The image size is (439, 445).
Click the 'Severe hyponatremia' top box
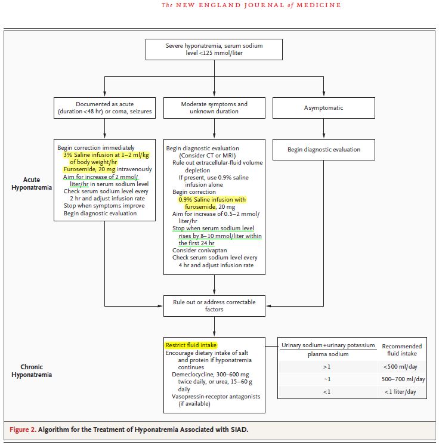tap(214, 50)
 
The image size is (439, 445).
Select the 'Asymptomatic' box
tap(323, 108)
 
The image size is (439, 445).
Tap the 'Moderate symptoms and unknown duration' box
tap(214, 108)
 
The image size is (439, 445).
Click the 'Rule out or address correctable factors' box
tap(214, 306)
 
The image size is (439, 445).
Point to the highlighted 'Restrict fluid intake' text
tap(191, 345)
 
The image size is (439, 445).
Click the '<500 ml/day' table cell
tap(400, 367)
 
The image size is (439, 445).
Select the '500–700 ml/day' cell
tap(403, 379)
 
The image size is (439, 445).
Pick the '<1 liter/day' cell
tap(400, 392)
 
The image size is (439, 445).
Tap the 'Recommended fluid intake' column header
tap(402, 350)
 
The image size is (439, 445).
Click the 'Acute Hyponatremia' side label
tap(32, 183)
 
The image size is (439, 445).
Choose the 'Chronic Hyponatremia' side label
tap(32, 370)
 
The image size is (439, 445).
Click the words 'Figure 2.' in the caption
tap(23, 429)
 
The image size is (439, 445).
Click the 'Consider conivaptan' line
tap(199, 251)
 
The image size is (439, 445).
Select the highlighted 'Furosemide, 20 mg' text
tap(89, 169)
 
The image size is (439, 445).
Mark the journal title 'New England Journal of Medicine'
tap(251, 5)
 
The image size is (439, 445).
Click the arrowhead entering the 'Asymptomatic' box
tap(323, 94)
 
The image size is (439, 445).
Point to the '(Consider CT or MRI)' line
tap(207, 156)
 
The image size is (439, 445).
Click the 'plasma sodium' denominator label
tap(328, 354)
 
